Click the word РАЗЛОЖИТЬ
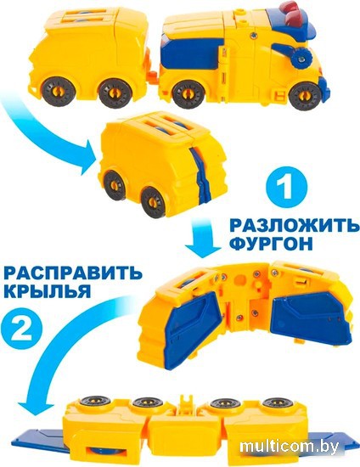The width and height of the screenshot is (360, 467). click(x=295, y=226)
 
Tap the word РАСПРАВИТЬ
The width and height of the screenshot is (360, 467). click(x=73, y=273)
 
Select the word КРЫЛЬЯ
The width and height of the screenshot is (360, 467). click(x=47, y=291)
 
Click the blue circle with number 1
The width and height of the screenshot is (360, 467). click(x=285, y=188)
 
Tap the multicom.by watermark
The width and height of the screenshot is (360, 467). click(x=290, y=447)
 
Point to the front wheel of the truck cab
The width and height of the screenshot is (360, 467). click(x=303, y=98)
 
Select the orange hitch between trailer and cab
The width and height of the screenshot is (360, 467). click(x=152, y=76)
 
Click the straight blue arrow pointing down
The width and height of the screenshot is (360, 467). click(x=202, y=239)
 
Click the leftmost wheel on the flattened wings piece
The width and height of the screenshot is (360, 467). click(x=95, y=402)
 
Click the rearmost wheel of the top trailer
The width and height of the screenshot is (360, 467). click(x=56, y=92)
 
